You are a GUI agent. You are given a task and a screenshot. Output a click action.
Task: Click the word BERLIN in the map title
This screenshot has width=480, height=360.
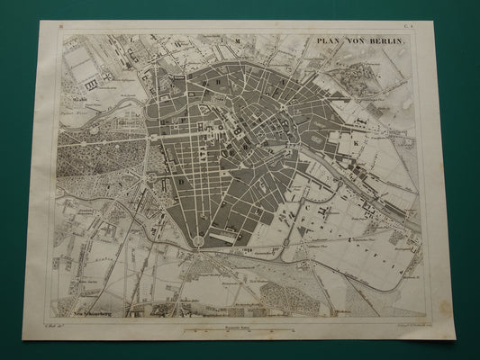coord(391,43)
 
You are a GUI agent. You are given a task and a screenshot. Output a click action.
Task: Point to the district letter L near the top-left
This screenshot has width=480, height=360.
coord(131,41)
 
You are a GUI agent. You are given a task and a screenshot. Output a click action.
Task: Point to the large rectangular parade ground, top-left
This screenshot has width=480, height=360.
coord(81,62)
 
